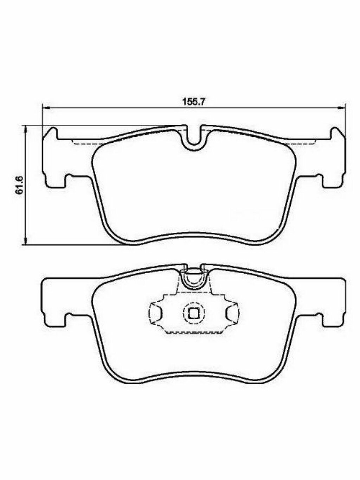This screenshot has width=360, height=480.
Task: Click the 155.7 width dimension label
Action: [193, 102]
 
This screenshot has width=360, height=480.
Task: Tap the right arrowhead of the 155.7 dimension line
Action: [342, 107]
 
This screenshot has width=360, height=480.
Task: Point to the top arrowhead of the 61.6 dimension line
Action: [26, 129]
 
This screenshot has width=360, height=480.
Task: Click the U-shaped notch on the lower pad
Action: [194, 284]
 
